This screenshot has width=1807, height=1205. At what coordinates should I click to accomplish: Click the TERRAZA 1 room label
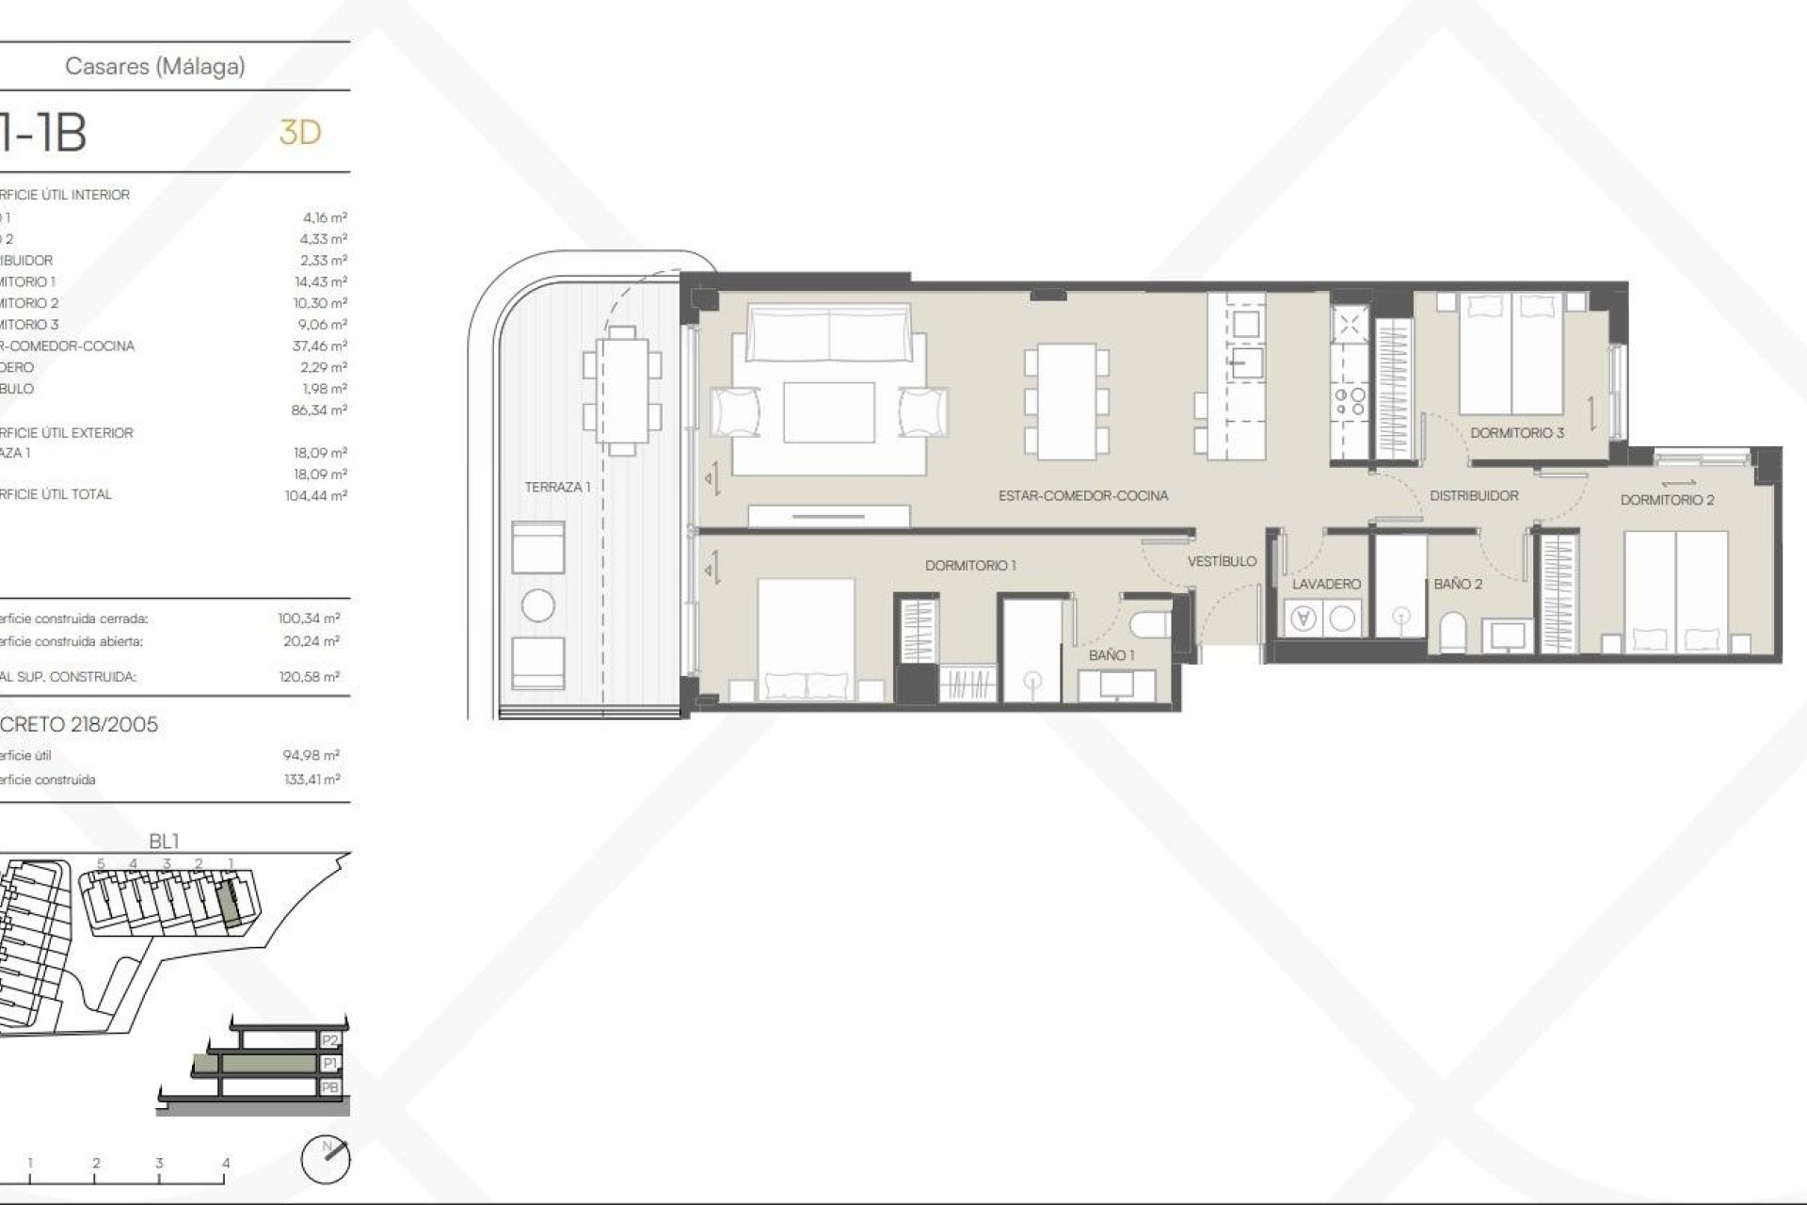(x=557, y=487)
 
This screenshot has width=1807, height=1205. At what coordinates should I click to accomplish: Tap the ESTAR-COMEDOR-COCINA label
(x=1083, y=495)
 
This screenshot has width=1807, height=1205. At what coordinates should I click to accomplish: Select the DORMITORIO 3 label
(x=1517, y=433)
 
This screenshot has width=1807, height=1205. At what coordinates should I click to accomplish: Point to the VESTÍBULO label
(x=1222, y=561)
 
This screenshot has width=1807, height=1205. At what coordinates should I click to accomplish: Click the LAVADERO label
(x=1326, y=584)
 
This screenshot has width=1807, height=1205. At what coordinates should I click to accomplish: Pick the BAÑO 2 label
(x=1458, y=584)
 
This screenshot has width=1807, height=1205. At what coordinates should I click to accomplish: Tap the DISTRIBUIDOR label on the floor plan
(x=1474, y=495)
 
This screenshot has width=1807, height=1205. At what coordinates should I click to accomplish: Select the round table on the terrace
(x=537, y=605)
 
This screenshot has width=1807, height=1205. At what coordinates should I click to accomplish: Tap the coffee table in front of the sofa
(x=828, y=412)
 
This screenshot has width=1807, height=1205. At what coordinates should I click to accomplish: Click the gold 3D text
(x=300, y=133)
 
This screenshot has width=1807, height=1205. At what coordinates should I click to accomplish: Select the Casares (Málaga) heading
(x=155, y=66)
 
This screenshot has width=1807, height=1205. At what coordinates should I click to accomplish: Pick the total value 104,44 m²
(x=315, y=495)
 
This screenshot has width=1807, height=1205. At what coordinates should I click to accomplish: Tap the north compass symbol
(x=325, y=1160)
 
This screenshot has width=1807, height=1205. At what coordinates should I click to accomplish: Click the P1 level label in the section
(x=329, y=1064)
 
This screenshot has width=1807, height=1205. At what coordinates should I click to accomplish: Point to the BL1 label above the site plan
(x=164, y=841)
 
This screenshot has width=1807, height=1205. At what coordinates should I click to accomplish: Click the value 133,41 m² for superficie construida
(x=312, y=779)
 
